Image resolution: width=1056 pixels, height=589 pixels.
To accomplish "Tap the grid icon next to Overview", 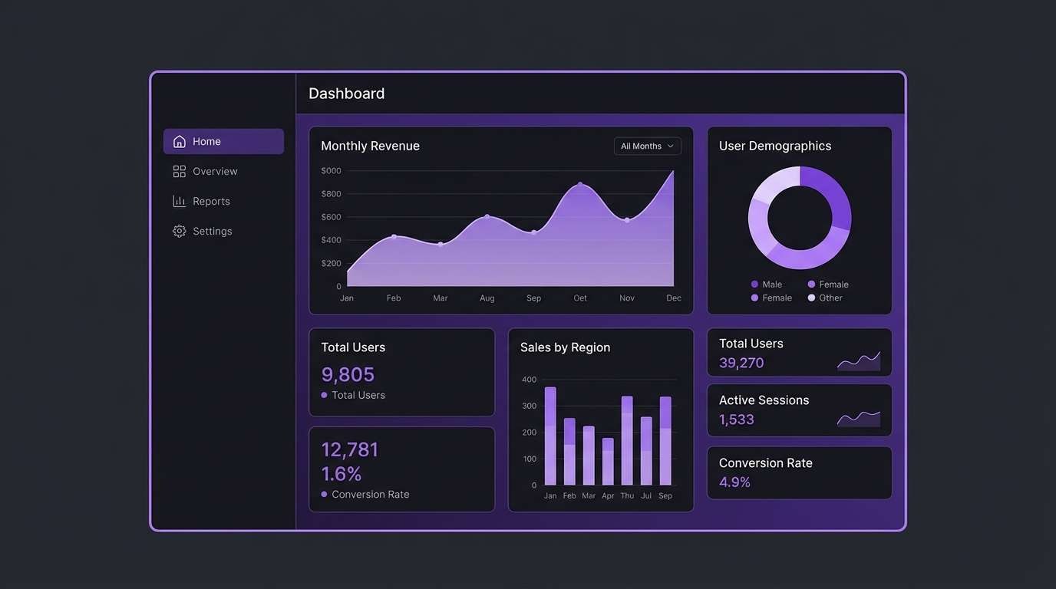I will (180, 171).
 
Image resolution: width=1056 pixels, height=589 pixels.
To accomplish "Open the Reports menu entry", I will (211, 201).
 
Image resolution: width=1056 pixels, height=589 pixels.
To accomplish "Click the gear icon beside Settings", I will (180, 231).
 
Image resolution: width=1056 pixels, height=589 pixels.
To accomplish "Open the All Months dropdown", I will (647, 146).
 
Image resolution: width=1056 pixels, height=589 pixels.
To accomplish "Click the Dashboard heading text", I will (346, 94).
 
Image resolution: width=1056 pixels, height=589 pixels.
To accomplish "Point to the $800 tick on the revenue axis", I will (331, 194).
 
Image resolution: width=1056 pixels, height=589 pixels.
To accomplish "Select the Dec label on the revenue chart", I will (673, 298).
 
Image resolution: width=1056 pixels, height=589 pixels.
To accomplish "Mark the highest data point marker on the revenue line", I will (580, 185).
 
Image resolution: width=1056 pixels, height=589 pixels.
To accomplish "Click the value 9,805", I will (348, 374).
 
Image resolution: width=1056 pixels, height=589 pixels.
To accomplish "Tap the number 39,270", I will (741, 363).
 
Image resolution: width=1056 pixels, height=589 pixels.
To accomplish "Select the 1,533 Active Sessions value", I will (737, 420).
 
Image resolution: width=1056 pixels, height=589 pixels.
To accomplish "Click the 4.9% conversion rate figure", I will (734, 482).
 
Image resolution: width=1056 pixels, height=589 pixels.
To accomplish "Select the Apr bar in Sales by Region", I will (608, 462).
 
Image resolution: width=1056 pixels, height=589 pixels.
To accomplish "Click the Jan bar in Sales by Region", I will (550, 436).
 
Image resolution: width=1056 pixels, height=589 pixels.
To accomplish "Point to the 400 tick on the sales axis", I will (529, 380).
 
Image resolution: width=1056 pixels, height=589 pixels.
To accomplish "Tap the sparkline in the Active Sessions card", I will (858, 418).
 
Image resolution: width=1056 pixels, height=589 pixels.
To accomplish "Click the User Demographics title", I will (774, 146).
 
